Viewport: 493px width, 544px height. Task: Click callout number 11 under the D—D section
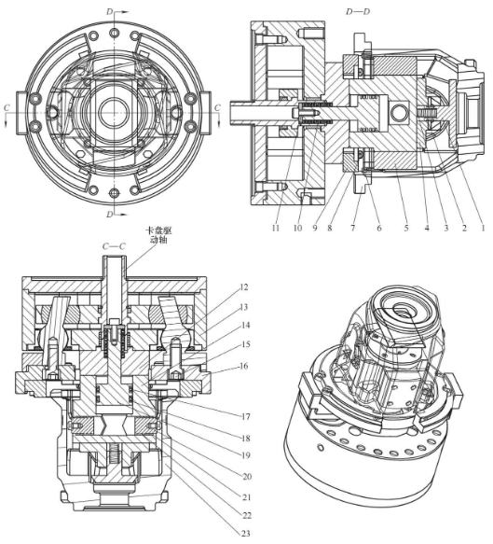click(276, 228)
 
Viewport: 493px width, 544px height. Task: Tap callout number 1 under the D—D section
click(482, 228)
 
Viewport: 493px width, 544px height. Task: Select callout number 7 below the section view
click(352, 228)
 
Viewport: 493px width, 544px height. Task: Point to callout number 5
click(406, 228)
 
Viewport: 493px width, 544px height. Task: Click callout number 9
click(315, 228)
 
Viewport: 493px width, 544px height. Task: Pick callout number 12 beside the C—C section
click(244, 287)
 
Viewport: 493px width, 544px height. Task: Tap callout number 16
click(244, 366)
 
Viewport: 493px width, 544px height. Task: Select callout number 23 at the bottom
click(245, 533)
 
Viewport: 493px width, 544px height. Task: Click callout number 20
click(246, 477)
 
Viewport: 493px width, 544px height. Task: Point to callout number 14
click(245, 325)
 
